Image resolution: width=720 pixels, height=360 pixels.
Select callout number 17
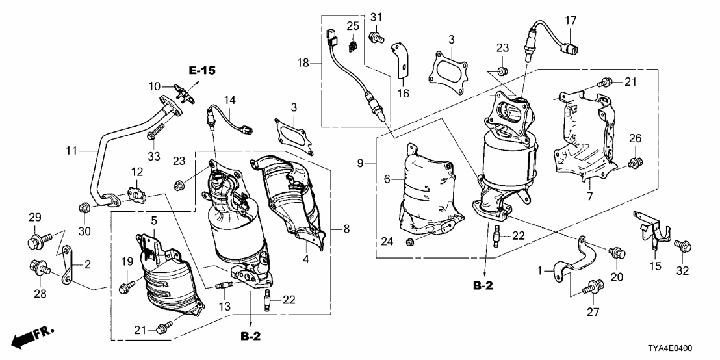click(x=569, y=20)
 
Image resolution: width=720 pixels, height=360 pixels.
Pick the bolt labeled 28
click(x=38, y=266)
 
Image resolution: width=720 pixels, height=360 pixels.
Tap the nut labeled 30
click(x=84, y=208)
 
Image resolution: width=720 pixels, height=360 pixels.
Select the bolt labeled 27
click(x=592, y=285)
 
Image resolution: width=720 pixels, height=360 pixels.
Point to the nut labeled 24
click(x=410, y=243)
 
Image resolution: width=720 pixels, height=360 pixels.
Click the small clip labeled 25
click(x=353, y=47)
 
